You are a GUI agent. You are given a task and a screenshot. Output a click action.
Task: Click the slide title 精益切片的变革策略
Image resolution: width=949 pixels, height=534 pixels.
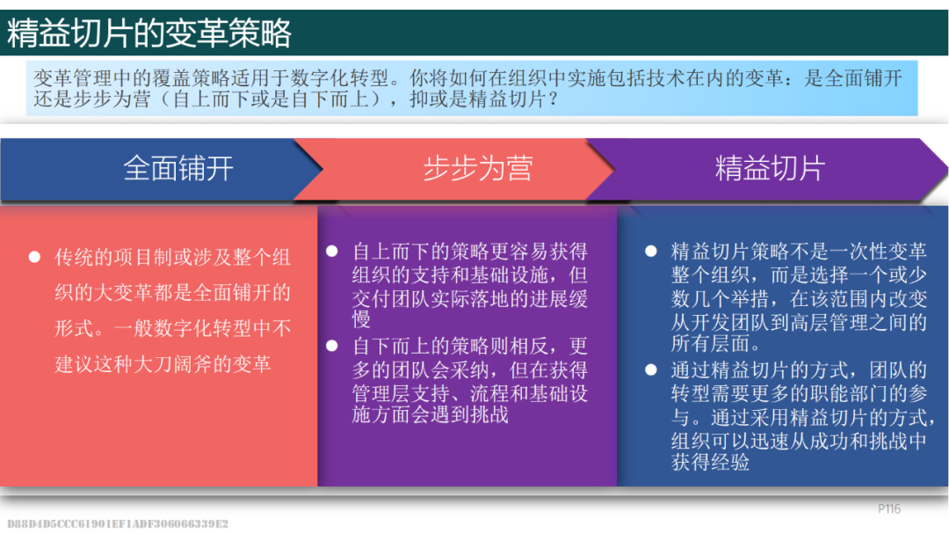[x=149, y=33]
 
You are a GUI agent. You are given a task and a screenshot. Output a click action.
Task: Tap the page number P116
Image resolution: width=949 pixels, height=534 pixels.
[x=889, y=509]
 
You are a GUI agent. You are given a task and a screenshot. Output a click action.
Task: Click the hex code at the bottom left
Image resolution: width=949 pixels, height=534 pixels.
[x=118, y=523]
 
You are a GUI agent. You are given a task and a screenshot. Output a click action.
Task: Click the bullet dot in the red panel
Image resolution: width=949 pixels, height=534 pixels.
[x=34, y=257]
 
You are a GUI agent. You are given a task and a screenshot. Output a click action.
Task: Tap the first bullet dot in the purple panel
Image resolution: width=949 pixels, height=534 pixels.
[x=331, y=251]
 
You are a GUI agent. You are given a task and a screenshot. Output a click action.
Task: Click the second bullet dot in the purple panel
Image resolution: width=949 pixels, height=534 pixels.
[x=331, y=346]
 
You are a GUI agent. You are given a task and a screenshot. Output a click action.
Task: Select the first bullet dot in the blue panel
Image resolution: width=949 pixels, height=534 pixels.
[x=650, y=251]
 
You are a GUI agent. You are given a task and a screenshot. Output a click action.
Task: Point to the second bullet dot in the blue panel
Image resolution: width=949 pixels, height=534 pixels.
[x=650, y=369]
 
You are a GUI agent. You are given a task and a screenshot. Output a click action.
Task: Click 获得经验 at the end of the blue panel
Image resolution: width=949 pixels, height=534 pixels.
[x=711, y=463]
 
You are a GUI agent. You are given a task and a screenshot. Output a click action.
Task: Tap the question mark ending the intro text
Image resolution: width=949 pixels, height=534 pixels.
[x=553, y=99]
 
